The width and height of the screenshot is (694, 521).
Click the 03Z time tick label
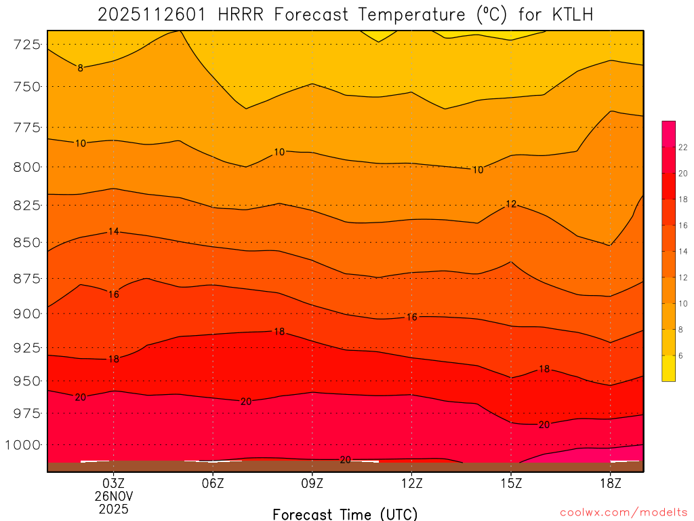click(113, 483)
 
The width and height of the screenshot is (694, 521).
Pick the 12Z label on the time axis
click(411, 483)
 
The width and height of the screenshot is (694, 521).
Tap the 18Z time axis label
click(611, 483)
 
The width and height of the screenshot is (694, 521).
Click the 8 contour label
click(80, 68)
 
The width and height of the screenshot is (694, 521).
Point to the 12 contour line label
click(511, 204)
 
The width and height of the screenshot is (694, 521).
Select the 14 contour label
click(113, 231)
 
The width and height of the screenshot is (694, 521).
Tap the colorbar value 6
click(680, 355)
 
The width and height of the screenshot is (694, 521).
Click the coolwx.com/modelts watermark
click(624, 512)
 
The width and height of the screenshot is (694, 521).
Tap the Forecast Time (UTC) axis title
click(345, 514)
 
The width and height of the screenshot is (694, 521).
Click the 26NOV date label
click(113, 496)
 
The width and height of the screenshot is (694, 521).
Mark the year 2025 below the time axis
click(113, 508)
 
